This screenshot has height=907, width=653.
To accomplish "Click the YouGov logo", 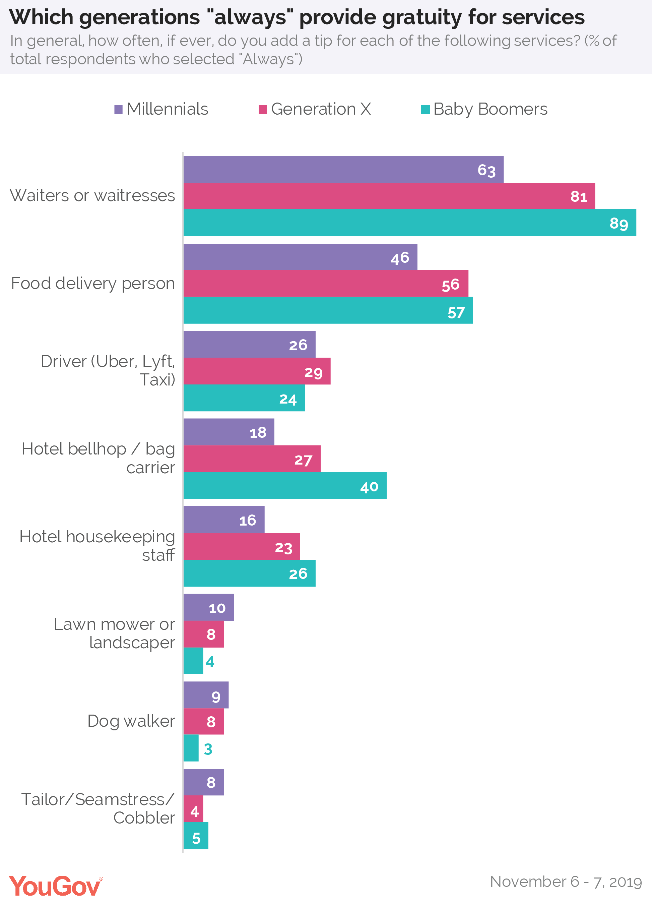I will pyautogui.click(x=55, y=886).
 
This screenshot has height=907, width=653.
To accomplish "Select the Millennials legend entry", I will pyautogui.click(x=161, y=109).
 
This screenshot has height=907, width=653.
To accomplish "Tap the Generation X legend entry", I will pyautogui.click(x=315, y=109).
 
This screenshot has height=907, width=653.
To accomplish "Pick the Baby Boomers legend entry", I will pyautogui.click(x=484, y=109).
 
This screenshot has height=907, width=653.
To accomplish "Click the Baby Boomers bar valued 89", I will pyautogui.click(x=410, y=223).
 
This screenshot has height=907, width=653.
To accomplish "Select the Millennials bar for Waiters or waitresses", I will pyautogui.click(x=344, y=170).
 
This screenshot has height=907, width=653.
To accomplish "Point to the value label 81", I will pyautogui.click(x=579, y=196).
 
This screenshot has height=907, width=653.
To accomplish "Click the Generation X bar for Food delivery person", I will pyautogui.click(x=326, y=284).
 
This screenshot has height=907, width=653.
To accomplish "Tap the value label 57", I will pyautogui.click(x=456, y=313).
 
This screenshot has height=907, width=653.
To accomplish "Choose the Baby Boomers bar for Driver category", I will pyautogui.click(x=244, y=398).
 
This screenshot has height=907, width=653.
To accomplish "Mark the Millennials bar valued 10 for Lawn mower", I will pyautogui.click(x=209, y=607).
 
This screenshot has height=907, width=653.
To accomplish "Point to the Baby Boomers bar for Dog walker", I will pyautogui.click(x=191, y=748).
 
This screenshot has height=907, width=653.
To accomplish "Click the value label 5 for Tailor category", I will pyautogui.click(x=196, y=838).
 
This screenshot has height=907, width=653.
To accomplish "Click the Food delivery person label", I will pyautogui.click(x=93, y=284).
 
